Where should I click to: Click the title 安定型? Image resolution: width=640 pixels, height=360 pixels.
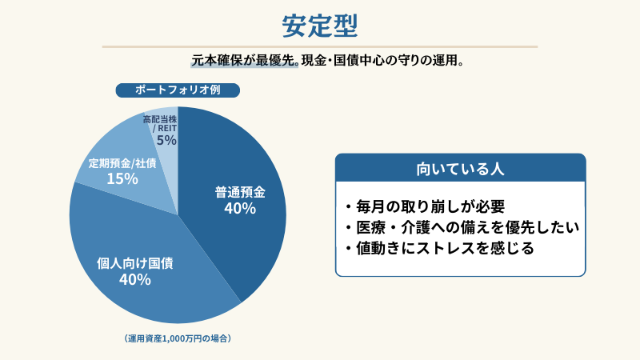319,24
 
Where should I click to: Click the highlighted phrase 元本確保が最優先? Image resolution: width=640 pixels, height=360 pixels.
243,60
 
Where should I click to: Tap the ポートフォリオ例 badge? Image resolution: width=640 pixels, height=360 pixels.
178,90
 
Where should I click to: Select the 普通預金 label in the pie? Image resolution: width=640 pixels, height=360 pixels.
239,192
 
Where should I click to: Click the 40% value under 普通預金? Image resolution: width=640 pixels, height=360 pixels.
239,209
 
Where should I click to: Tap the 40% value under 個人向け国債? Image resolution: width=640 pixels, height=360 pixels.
134,279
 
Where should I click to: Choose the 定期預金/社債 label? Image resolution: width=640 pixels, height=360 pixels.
122,163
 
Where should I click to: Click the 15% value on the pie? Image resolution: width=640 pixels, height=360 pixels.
122,178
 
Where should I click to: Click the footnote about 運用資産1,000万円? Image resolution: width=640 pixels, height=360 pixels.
178,338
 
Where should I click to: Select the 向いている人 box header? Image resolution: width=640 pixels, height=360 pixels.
460,169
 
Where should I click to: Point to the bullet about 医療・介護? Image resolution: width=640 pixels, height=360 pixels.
462,227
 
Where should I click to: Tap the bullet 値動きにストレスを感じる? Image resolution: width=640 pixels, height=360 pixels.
439,248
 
